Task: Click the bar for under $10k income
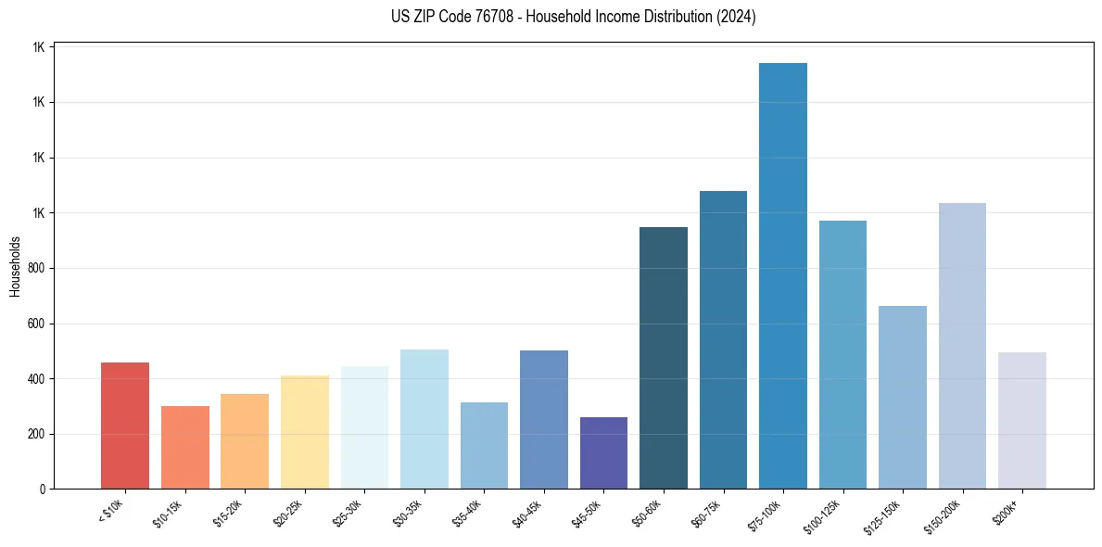125,426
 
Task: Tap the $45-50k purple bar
603,453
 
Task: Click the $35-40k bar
484,445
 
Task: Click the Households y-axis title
15,266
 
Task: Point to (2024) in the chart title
737,17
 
